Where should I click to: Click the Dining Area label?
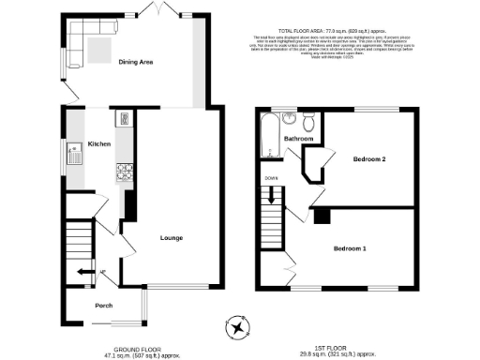pyautogui.click(x=136, y=63)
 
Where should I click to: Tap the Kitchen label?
pyautogui.click(x=99, y=144)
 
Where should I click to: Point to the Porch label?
pyautogui.click(x=103, y=306)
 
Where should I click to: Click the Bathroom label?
pyautogui.click(x=298, y=140)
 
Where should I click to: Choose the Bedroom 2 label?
pyautogui.click(x=369, y=160)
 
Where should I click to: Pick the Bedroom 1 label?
pyautogui.click(x=350, y=248)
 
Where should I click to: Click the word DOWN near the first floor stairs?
pyautogui.click(x=270, y=176)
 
